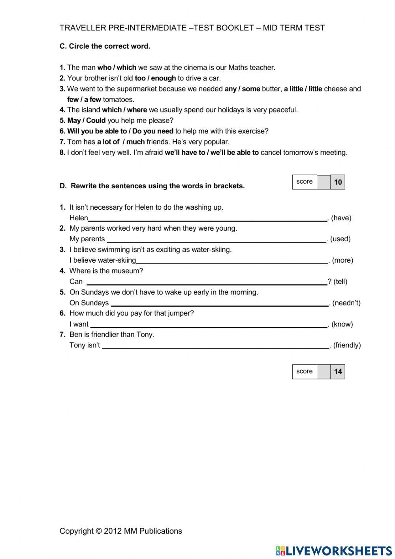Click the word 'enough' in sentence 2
[x=163, y=78]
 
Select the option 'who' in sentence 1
[x=104, y=68]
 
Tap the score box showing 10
[x=338, y=182]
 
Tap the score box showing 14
[x=338, y=371]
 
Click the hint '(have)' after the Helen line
[x=341, y=218]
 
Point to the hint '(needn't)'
[x=346, y=303]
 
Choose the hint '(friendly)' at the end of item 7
[x=347, y=345]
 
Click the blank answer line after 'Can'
[x=206, y=282]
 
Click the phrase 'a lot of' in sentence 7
[x=108, y=142]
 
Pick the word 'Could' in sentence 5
[x=96, y=121]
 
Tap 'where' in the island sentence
[x=137, y=110]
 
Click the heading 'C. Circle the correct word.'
[x=105, y=46]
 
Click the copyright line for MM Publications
[x=120, y=531]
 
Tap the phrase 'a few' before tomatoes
[x=92, y=100]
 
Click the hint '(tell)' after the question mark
[x=340, y=282]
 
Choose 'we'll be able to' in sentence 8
[x=234, y=153]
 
